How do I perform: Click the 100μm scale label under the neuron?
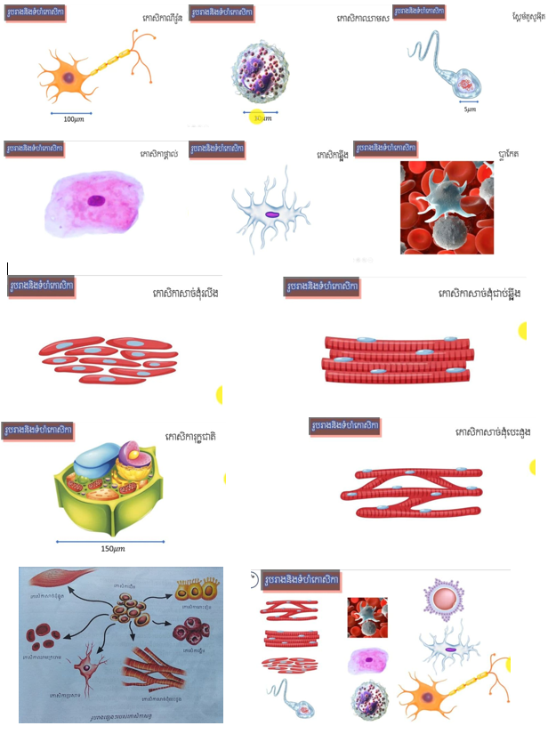click(x=72, y=118)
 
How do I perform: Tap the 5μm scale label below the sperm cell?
click(x=470, y=110)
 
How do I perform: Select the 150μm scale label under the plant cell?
click(x=112, y=548)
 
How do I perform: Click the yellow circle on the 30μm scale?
click(x=257, y=117)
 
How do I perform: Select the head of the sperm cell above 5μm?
click(x=468, y=86)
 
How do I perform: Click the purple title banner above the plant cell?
click(x=38, y=431)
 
